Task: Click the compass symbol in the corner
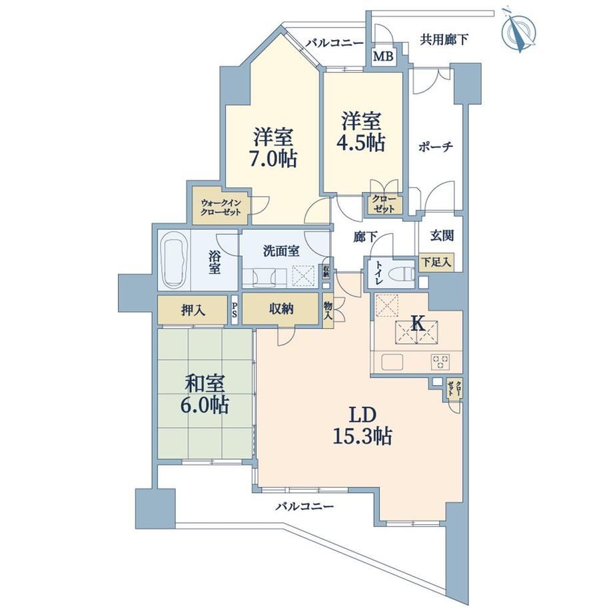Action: coord(518,32)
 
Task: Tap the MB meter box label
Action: coord(382,57)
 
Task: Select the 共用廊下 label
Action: coord(444,39)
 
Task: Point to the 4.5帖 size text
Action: coord(360,143)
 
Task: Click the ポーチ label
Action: coord(436,146)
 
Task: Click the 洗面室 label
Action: coord(281,251)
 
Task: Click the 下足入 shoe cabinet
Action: coord(436,263)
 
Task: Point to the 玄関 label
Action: coord(442,236)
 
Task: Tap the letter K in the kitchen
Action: coord(418,324)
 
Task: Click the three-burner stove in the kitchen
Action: coord(440,361)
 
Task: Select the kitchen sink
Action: coord(392,362)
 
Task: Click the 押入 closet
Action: coord(193,310)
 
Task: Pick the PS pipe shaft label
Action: coord(234,310)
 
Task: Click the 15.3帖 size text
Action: coord(362,436)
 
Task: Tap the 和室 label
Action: coord(205,384)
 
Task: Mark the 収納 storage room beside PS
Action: coord(281,309)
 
